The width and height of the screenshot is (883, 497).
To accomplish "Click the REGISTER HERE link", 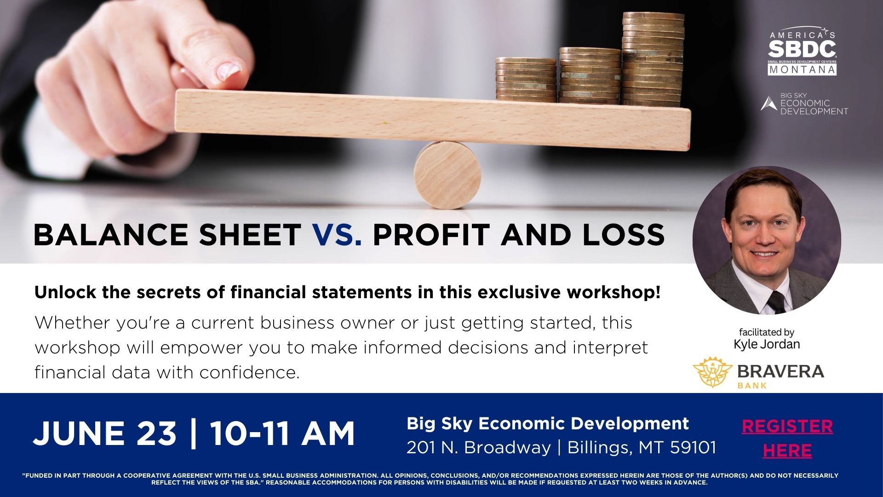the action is tap(787, 438).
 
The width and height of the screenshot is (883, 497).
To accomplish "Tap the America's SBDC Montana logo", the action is tap(802, 51).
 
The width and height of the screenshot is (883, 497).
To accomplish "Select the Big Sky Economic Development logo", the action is tap(804, 104).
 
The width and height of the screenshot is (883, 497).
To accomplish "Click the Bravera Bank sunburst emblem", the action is tap(712, 372).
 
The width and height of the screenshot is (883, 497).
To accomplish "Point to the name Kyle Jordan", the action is tap(767, 344).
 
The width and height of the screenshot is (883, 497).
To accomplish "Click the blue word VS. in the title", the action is tap(337, 234).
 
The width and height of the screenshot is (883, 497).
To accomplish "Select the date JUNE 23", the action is tap(105, 433).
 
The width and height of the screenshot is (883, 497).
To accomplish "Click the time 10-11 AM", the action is tap(282, 433).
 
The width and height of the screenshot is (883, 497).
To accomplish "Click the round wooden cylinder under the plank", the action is tap(447, 175).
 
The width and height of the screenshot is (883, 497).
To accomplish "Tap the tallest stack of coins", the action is tap(653, 59).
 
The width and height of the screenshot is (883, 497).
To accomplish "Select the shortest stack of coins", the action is tap(526, 80).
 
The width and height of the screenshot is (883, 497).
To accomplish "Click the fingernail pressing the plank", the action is tap(228, 70).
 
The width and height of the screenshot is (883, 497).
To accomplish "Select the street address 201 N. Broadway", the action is tap(478, 447).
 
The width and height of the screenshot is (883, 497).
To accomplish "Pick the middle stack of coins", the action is tap(590, 75).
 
